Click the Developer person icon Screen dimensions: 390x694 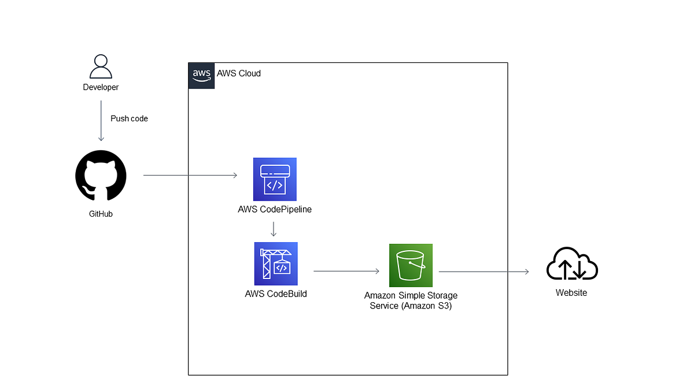[101, 66]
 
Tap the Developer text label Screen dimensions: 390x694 [101, 87]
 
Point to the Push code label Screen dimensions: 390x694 [129, 118]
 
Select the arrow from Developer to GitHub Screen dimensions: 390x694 [101, 121]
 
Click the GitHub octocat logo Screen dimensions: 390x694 [101, 176]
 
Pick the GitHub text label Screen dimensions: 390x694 [101, 214]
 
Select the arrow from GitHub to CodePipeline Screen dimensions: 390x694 [190, 175]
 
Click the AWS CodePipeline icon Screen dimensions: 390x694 [275, 179]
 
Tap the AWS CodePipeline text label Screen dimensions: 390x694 [275, 209]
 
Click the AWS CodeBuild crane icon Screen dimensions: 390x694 [276, 263]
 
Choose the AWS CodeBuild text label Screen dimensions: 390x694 [276, 294]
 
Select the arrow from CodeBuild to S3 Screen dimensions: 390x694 [346, 270]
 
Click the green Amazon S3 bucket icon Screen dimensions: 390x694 [411, 265]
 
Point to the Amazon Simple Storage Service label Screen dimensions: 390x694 [411, 300]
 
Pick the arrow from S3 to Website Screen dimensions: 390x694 [483, 271]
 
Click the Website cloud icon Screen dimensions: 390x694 [571, 264]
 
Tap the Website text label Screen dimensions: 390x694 [571, 293]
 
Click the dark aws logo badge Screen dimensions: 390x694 [201, 75]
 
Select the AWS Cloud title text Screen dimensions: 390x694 [239, 73]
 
